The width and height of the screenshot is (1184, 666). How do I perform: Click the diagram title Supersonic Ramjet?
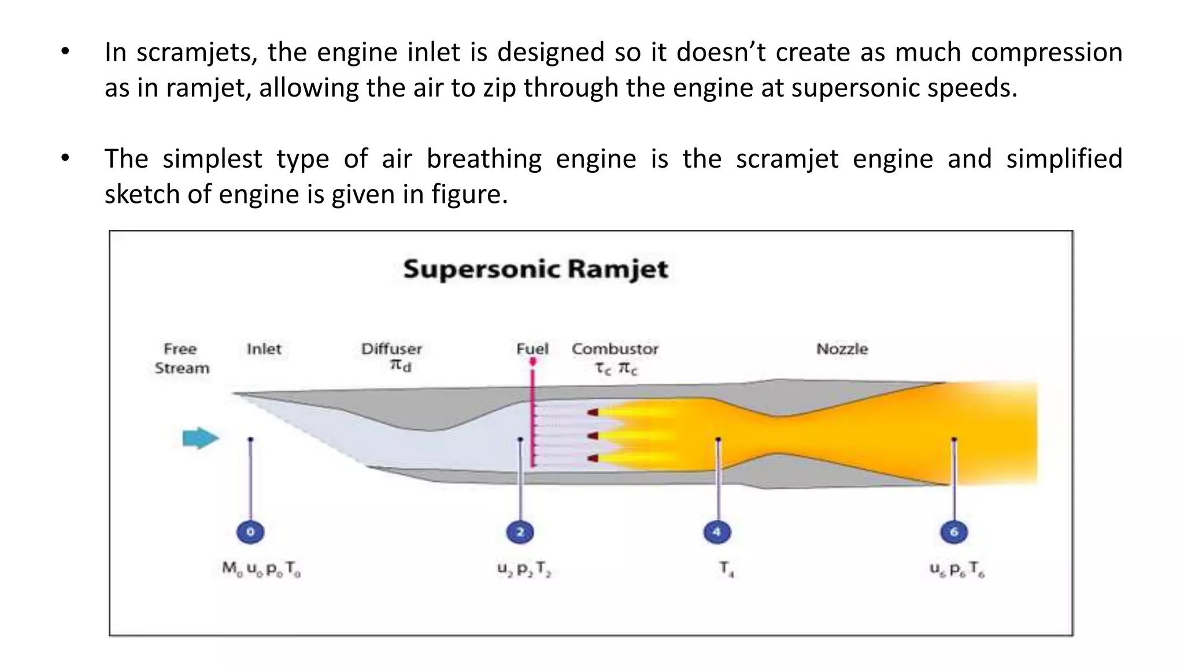(x=535, y=269)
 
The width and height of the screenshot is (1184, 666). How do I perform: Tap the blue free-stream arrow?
(x=200, y=438)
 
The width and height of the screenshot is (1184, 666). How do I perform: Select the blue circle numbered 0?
(x=250, y=532)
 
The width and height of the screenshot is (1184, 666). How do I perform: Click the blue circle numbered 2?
(x=520, y=532)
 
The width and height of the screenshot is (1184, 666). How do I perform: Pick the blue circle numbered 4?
(x=717, y=532)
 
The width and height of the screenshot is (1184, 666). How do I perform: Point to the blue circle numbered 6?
(x=954, y=532)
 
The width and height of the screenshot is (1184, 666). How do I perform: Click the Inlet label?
(x=264, y=349)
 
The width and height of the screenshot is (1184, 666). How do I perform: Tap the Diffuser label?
(x=391, y=349)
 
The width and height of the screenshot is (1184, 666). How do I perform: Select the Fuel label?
(x=532, y=349)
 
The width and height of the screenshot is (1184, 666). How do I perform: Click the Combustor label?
(x=615, y=349)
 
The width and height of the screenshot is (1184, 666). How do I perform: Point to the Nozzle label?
(x=842, y=349)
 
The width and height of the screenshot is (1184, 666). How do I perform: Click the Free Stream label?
(x=181, y=358)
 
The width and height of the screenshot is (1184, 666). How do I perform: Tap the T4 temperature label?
(x=726, y=569)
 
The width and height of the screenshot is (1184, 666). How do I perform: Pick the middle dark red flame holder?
(x=593, y=436)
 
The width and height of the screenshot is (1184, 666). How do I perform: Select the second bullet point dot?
(x=65, y=158)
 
